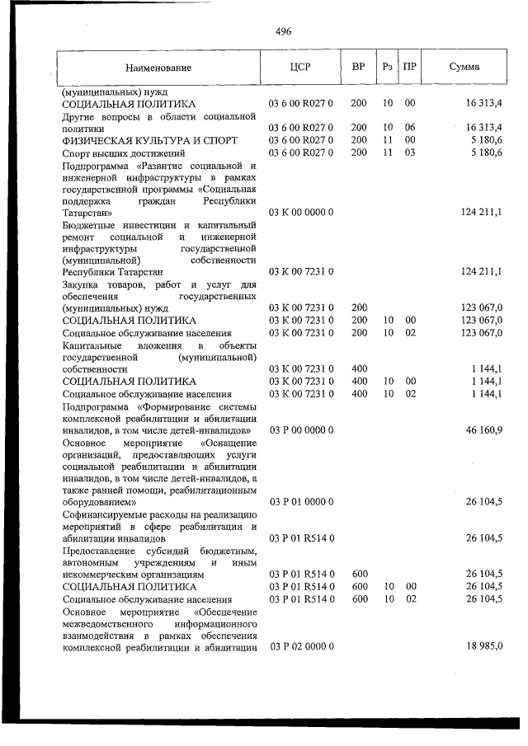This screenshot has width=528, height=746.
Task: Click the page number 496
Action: click(282, 31)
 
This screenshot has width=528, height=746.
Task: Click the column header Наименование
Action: click(158, 67)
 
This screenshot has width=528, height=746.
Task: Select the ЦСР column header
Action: click(300, 67)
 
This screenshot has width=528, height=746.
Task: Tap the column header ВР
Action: click(358, 67)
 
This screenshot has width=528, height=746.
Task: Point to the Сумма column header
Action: click(464, 67)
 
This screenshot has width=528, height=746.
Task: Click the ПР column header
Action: click(409, 67)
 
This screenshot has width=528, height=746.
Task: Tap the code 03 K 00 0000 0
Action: click(301, 212)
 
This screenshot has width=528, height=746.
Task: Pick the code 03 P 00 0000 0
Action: click(301, 430)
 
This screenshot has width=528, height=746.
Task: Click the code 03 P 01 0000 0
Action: click(301, 501)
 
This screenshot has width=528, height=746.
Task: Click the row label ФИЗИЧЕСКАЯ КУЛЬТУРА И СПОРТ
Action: click(149, 141)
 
